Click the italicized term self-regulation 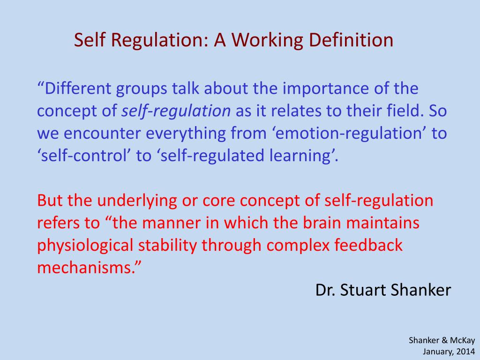(x=176, y=112)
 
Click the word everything (x=186, y=134)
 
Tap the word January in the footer (x=437, y=351)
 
